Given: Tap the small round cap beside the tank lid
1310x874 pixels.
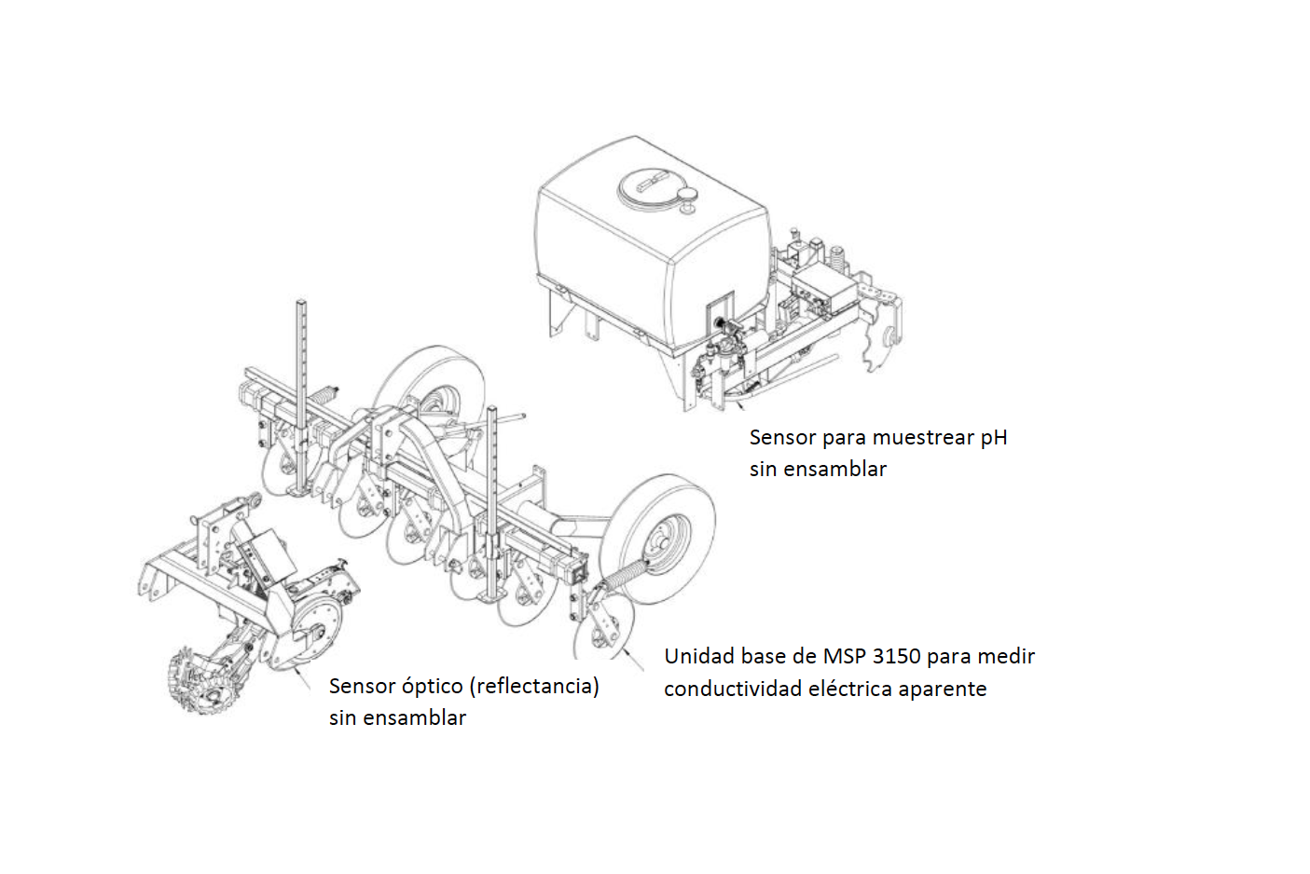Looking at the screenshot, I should (689, 194).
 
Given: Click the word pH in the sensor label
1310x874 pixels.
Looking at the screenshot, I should (993, 438).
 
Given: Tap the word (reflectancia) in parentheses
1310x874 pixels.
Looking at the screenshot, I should (534, 687).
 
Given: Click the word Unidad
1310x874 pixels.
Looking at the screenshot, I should (693, 657).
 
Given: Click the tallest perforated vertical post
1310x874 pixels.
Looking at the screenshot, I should (301, 391).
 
